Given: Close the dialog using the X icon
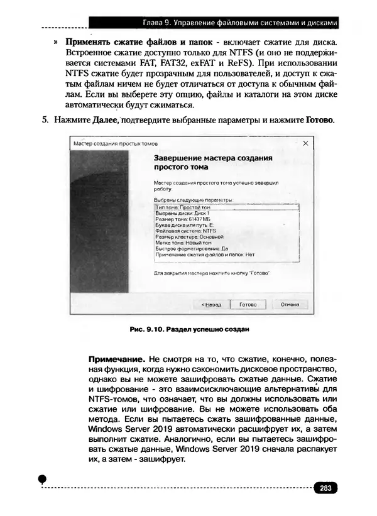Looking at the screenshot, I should [306, 144].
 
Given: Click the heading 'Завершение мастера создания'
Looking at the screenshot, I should [212, 159].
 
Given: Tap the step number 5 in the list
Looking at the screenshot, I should [45, 119].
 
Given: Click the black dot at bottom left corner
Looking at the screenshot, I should [43, 479].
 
